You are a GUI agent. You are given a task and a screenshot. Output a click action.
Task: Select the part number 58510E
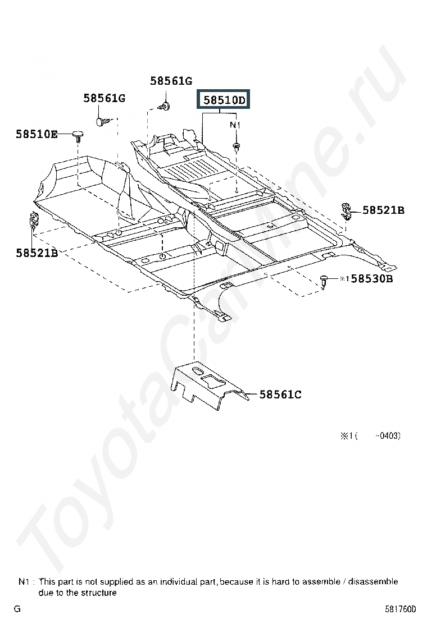pyautogui.click(x=37, y=134)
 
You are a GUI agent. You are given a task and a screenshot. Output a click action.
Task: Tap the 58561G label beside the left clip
pyautogui.click(x=104, y=98)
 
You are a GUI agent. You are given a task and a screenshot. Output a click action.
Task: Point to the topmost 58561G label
pyautogui.click(x=171, y=81)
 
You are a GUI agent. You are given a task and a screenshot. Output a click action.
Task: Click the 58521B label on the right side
pyautogui.click(x=383, y=210)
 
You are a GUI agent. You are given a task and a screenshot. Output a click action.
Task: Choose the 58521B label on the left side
pyautogui.click(x=37, y=253)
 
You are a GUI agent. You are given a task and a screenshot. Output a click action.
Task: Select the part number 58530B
pyautogui.click(x=371, y=278)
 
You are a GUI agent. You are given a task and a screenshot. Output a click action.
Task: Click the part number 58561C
pyautogui.click(x=280, y=394)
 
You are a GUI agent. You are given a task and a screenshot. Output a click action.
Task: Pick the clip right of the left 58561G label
pyautogui.click(x=101, y=120)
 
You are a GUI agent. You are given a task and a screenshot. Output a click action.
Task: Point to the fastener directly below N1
pyautogui.click(x=236, y=147)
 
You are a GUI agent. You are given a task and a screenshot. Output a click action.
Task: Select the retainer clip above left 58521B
pyautogui.click(x=34, y=219)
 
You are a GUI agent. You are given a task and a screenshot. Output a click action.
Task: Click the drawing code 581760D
pyautogui.click(x=401, y=609)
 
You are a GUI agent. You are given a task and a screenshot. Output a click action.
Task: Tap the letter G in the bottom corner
pyautogui.click(x=17, y=609)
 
